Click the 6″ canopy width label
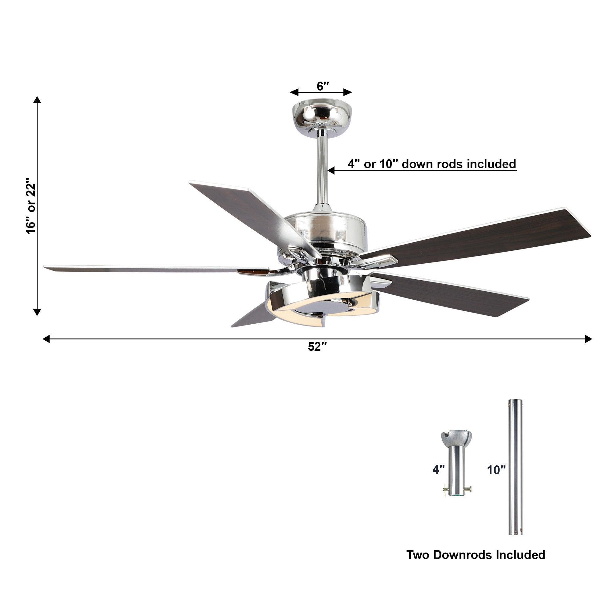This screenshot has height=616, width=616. point(322,86)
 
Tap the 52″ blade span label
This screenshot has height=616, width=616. point(317,346)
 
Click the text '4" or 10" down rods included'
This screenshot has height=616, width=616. point(432,164)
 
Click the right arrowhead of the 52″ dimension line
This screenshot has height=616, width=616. point(588,339)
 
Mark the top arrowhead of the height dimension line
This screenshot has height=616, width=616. point(37,100)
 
